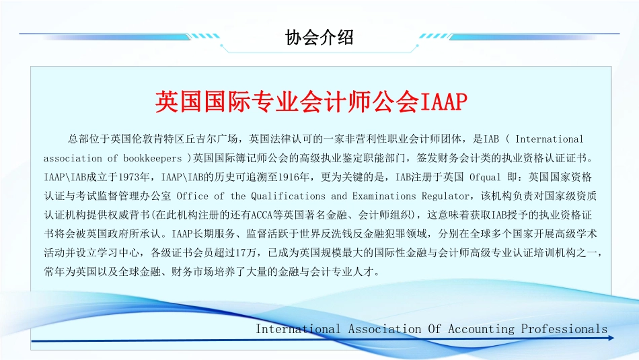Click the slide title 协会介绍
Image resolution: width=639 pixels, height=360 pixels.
click(x=319, y=38)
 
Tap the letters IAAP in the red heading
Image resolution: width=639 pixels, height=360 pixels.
click(x=443, y=102)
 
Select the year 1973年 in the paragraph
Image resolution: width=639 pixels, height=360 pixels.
click(x=134, y=177)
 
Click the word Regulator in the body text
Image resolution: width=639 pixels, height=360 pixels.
click(x=445, y=196)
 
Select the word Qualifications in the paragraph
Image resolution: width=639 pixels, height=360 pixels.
click(x=288, y=196)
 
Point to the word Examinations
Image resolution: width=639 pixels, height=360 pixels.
click(x=384, y=196)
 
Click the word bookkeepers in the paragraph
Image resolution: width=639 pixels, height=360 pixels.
click(x=153, y=158)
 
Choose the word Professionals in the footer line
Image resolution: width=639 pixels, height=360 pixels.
click(x=564, y=328)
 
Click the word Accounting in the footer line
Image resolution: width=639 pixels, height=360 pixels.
click(x=482, y=329)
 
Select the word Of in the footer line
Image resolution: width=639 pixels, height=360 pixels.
click(x=435, y=328)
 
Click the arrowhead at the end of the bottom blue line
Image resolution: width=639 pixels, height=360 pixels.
click(x=611, y=338)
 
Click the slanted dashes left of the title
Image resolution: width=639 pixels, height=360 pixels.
click(x=205, y=36)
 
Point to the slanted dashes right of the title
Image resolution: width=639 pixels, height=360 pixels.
click(x=434, y=36)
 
